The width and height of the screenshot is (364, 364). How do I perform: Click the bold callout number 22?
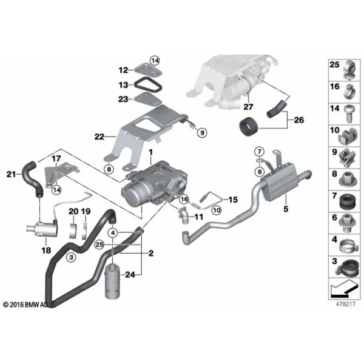[99, 136]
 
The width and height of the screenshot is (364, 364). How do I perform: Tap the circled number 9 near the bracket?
[202, 133]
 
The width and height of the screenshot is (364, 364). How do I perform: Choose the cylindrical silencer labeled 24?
[113, 281]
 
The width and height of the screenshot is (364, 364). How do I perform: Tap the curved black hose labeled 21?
[31, 178]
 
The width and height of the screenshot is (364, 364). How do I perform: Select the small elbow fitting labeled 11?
[184, 215]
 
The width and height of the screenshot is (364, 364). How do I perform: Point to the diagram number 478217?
[345, 304]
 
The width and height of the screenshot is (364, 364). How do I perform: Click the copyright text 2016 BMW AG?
[25, 305]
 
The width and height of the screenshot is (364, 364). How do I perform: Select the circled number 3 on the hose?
[71, 257]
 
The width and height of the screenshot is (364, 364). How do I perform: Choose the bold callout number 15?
[233, 200]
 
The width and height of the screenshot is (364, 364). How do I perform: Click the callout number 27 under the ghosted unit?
[248, 107]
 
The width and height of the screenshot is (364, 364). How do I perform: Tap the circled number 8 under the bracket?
[109, 169]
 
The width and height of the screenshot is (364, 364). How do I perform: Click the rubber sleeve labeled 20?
[74, 231]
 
